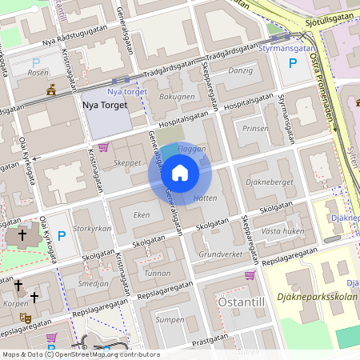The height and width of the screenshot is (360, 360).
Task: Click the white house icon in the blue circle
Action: (179, 172)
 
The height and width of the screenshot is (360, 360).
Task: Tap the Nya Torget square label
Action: (105, 104)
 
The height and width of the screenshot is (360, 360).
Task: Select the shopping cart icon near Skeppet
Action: (103, 146)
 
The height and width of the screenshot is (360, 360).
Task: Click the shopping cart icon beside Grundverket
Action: (250, 274)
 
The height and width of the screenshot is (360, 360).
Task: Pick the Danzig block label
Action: (240, 70)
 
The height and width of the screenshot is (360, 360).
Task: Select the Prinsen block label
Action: (256, 127)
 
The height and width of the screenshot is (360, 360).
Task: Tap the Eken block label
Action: (142, 214)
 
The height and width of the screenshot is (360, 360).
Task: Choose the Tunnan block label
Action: (158, 273)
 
